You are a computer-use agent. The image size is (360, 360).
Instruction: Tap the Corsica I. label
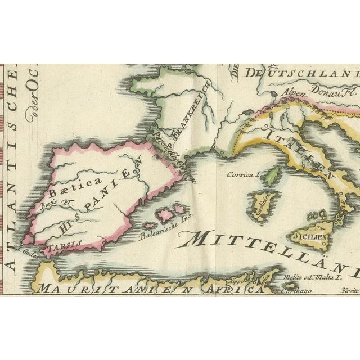pyautogui.click(x=242, y=175)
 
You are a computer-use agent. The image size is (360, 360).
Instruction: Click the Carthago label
pyautogui.click(x=286, y=292)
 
